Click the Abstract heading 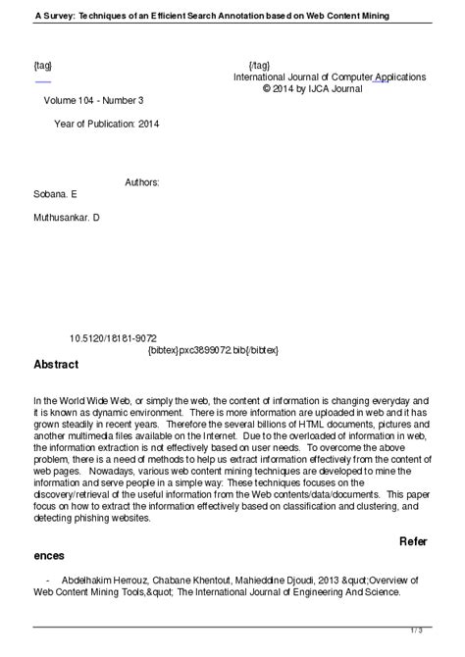click(x=56, y=364)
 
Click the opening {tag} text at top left click(x=43, y=65)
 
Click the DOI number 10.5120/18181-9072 click(x=113, y=336)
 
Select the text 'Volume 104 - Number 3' click(x=93, y=100)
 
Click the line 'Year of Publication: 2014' click(x=106, y=125)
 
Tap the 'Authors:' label click(x=142, y=182)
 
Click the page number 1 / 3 click(x=444, y=630)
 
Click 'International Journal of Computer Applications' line click(x=329, y=76)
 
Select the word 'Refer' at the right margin click(x=414, y=540)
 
